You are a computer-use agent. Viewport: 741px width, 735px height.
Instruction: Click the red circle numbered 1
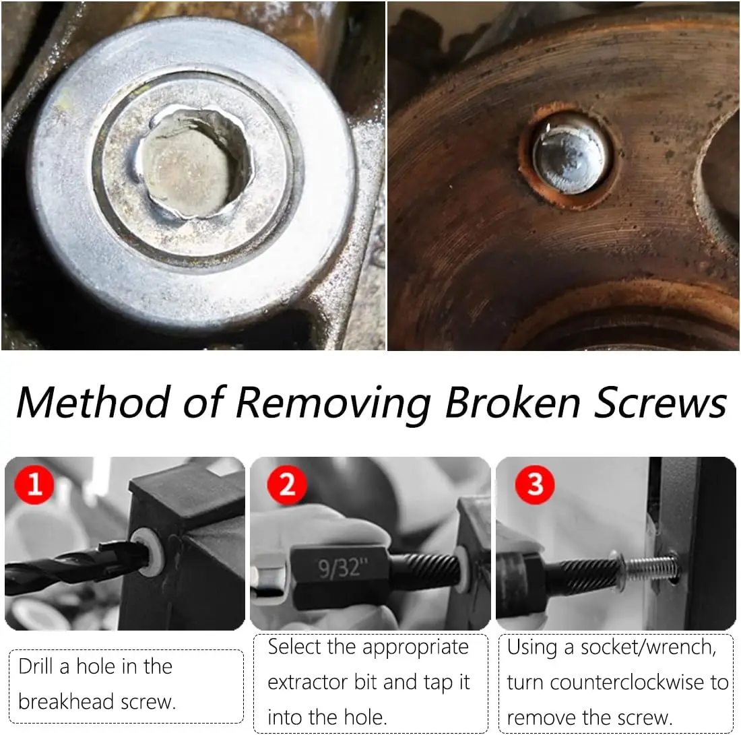(34, 484)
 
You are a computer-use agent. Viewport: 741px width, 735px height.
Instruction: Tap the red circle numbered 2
(287, 484)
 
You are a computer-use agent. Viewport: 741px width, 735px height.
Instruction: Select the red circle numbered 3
(534, 484)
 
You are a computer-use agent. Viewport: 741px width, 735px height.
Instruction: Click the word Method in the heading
(94, 402)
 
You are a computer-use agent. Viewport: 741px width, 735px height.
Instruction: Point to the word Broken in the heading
(513, 402)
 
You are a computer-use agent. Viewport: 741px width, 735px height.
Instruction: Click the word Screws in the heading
(660, 402)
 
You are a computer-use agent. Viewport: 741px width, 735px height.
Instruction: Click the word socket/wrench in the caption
(648, 647)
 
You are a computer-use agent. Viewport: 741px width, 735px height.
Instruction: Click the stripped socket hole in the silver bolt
(194, 164)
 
